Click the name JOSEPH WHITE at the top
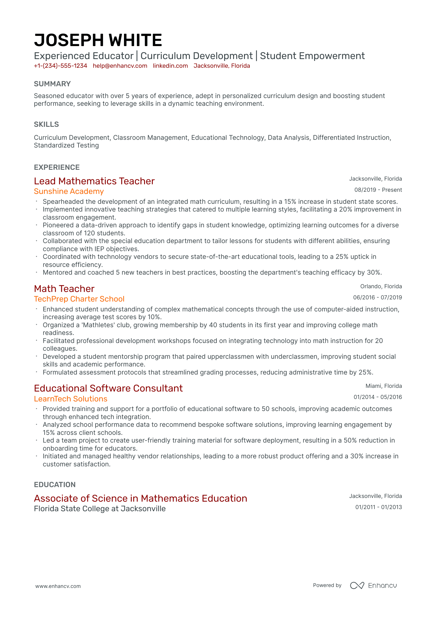(x=98, y=40)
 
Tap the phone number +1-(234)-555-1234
(x=60, y=66)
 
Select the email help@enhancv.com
(x=120, y=66)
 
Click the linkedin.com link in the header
(x=170, y=66)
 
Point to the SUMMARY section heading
(x=52, y=84)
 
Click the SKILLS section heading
(x=46, y=124)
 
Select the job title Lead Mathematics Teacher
(x=94, y=181)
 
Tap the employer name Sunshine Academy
(x=69, y=191)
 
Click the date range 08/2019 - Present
(x=378, y=190)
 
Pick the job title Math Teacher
(x=64, y=289)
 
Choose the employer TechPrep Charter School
(x=79, y=299)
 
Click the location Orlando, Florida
(x=381, y=286)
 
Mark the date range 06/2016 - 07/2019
(x=377, y=298)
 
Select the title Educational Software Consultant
(x=108, y=388)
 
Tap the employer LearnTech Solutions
(x=71, y=399)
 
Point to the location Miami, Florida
(x=383, y=386)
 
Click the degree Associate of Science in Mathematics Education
(x=140, y=498)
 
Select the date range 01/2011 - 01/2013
(x=378, y=507)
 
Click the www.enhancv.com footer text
(x=58, y=586)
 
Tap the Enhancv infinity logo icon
(x=357, y=585)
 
